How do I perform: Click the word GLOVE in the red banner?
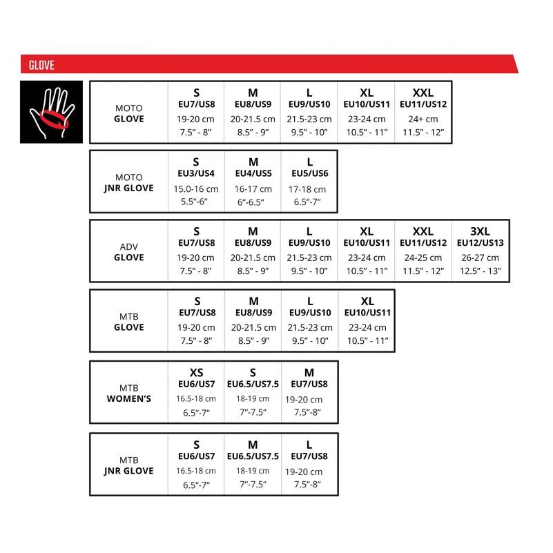tap(41, 66)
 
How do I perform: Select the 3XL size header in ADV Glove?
tap(480, 231)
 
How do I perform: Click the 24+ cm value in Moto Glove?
tap(423, 119)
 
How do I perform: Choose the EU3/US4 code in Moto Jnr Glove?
tap(196, 173)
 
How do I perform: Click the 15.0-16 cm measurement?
tap(196, 188)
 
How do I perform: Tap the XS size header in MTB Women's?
tap(196, 373)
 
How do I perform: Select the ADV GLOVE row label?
tap(129, 252)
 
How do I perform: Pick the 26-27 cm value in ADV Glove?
tap(480, 258)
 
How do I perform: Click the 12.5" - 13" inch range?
tap(480, 271)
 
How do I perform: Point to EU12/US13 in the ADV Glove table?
tap(480, 243)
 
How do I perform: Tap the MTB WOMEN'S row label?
tap(129, 394)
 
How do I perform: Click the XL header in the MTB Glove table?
tap(367, 301)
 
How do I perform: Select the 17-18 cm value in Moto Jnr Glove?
tap(309, 188)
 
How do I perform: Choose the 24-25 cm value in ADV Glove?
tap(423, 258)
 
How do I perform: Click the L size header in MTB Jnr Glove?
tap(309, 445)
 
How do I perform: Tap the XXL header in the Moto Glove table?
tap(423, 93)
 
